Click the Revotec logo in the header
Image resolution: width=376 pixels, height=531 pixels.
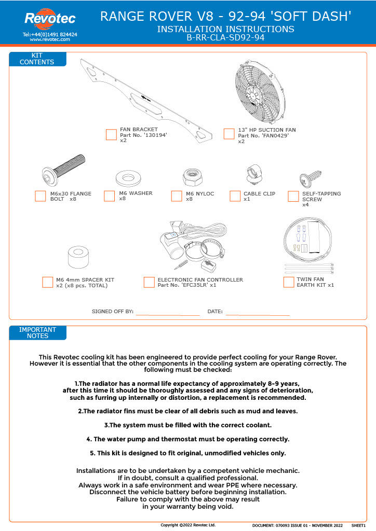pos(50,19)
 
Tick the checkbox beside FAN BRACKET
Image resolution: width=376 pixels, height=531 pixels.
pos(111,135)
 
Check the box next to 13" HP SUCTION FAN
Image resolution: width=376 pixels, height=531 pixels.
pos(229,134)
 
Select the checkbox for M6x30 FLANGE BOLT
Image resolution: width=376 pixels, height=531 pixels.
pos(41,196)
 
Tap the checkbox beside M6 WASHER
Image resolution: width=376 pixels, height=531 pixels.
pos(110,196)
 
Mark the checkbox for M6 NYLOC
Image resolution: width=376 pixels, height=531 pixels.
pos(177,196)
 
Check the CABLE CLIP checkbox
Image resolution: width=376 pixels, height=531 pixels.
pos(235,196)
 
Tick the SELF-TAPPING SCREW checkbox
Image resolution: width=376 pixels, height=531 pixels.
pos(293,196)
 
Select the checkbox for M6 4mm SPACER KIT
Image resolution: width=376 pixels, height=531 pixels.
pos(48,282)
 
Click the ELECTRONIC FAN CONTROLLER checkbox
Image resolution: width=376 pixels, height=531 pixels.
pos(149,282)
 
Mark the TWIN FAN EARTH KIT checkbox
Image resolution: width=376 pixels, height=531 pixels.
pos(289,282)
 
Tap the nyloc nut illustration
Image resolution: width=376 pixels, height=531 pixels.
pos(192,178)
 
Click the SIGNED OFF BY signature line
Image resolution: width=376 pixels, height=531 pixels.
pos(167,313)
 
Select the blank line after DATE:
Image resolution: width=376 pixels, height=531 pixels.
pos(258,313)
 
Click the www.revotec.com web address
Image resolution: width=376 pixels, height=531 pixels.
pos(50,39)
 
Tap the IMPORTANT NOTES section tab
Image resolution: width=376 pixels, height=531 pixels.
pos(37,333)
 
